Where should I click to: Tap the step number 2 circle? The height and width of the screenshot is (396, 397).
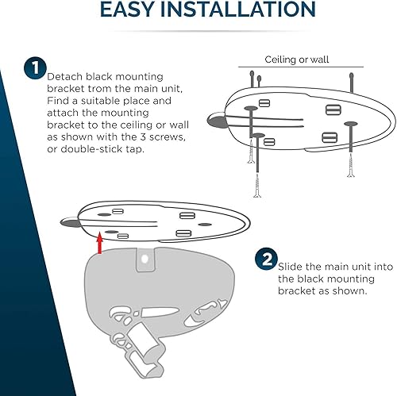(265, 259)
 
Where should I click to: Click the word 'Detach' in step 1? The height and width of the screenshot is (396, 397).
(65, 75)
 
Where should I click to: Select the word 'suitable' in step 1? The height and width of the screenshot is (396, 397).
(106, 101)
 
